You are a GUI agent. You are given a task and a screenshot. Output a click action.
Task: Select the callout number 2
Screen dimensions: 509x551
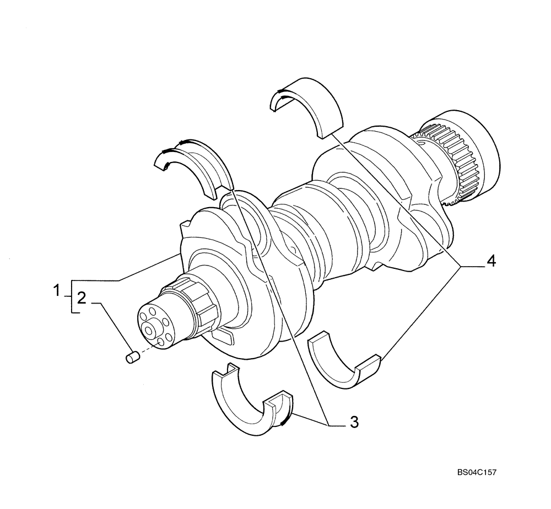click(81, 299)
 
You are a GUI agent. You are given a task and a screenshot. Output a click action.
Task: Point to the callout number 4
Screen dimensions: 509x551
click(490, 261)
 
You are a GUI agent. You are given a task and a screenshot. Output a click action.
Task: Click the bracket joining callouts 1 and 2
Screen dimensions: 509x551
click(71, 297)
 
